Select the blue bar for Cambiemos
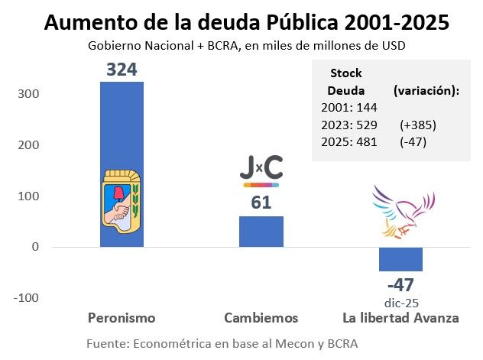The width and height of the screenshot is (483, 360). coord(261,231)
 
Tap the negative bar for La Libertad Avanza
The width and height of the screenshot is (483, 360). coord(400,259)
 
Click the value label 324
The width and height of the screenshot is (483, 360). coord(122,70)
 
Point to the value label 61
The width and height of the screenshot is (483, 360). coord(261,203)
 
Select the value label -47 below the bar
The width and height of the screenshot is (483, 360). coord(400,285)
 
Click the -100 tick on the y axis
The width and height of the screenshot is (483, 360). coord(26,298)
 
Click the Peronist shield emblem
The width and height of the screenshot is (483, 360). coord(122,197)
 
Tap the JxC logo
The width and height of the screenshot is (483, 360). coord(261,169)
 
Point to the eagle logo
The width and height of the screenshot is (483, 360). coord(402,209)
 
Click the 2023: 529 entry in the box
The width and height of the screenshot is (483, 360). coord(348,125)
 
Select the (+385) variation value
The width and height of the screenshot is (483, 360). coord(417,125)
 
